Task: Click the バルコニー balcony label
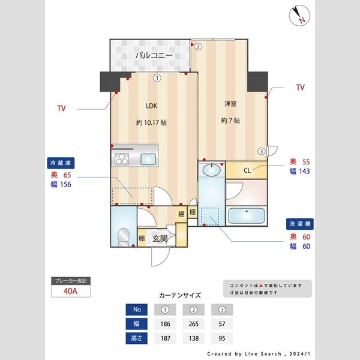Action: coord(154,56)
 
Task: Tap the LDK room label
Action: coord(151,106)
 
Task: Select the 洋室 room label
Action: coord(230,104)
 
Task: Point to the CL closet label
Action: coord(247,170)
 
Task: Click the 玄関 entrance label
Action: coord(160,238)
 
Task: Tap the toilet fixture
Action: coord(122,236)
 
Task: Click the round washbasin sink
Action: coord(211,170)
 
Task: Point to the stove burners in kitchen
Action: coord(122,160)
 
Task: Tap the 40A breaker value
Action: coord(71,292)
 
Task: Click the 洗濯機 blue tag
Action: coord(300,224)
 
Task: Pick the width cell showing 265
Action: coord(194,324)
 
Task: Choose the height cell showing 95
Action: coord(222,338)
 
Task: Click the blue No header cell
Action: coord(137,310)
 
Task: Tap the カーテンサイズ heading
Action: coord(180,295)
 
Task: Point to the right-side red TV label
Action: coord(300,88)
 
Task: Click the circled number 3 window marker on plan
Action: coord(262,151)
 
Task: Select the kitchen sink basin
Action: coord(148,159)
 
